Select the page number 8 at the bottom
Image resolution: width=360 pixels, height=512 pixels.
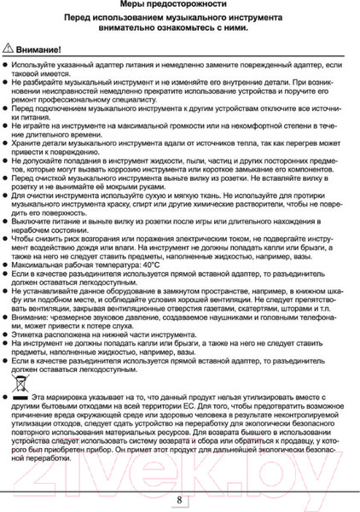180,500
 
